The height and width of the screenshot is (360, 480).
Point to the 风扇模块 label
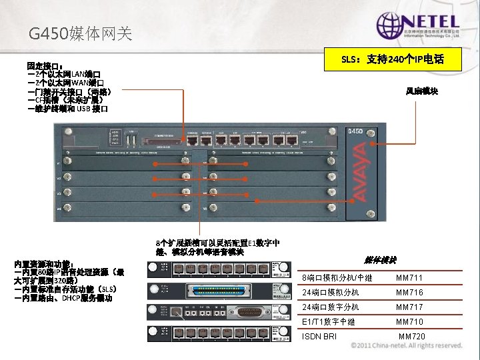[422, 91]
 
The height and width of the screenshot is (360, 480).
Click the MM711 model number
[409, 278]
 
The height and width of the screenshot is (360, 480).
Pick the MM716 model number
[409, 293]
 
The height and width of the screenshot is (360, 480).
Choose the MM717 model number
[409, 307]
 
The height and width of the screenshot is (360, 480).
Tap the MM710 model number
[409, 322]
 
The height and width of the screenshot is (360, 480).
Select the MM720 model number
[412, 337]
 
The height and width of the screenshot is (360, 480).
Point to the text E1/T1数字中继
[329, 322]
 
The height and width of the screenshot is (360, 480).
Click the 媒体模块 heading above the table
[381, 260]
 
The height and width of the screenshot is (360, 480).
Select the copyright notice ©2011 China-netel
[407, 346]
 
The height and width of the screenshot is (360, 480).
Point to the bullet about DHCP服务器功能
[63, 298]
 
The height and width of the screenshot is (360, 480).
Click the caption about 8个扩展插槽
[217, 247]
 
